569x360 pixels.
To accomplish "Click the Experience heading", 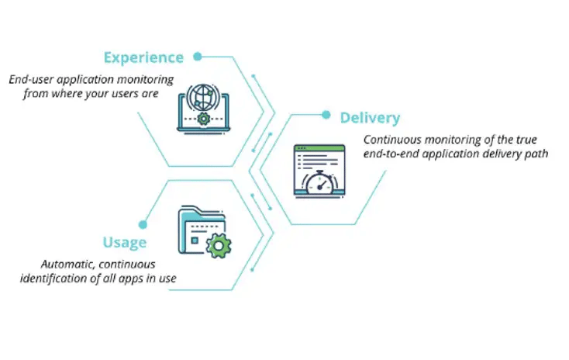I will (143, 57).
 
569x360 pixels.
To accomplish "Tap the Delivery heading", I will (370, 118).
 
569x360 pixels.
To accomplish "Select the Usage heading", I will (123, 242).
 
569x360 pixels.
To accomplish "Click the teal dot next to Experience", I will (198, 57).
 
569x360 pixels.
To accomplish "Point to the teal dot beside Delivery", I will (326, 116).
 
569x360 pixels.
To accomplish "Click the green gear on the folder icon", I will (220, 247).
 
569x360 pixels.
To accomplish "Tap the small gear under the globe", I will (204, 119).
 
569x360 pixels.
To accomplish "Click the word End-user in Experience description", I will (32, 79).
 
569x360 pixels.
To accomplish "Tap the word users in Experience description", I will (133, 92).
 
